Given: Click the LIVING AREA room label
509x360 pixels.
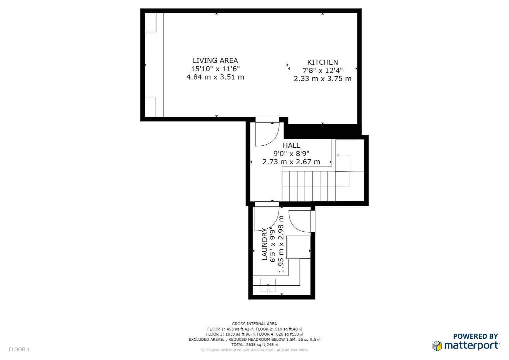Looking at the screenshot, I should (x=215, y=61).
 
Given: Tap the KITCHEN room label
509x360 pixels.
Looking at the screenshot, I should (x=322, y=62).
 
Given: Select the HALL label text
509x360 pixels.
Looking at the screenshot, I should (x=291, y=145).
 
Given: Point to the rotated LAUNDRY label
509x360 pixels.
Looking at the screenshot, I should (x=265, y=244).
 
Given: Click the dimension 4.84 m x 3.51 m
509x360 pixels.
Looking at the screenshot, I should (x=215, y=77).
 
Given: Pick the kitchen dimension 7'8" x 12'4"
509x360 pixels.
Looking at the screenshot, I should (x=322, y=70).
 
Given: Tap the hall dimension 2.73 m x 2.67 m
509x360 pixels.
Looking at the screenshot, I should (x=291, y=162).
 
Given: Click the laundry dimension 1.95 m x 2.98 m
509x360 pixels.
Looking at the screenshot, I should (x=281, y=244).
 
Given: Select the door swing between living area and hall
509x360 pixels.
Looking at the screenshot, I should (x=266, y=134).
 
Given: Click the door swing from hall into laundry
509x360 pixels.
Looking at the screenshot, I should (x=266, y=219).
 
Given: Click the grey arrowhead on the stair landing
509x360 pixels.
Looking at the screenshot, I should (x=338, y=155).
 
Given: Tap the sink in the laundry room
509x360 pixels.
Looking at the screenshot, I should (x=268, y=286).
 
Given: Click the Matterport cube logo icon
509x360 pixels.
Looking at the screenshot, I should (x=437, y=346).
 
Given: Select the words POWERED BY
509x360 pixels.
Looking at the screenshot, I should (x=475, y=336).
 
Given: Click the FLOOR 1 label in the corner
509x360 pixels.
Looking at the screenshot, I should (x=19, y=349).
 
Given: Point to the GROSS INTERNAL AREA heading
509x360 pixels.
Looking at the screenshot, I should (x=254, y=324).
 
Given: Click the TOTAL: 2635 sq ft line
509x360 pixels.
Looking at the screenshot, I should (x=254, y=345).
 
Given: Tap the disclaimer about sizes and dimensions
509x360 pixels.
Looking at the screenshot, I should (x=254, y=350).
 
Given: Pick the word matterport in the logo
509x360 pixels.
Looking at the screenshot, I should (x=472, y=346).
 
